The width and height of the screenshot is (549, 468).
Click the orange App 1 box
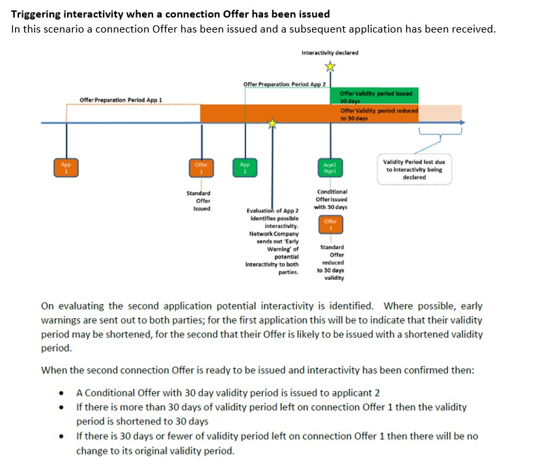click(x=66, y=167)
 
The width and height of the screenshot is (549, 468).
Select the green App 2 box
click(x=245, y=167)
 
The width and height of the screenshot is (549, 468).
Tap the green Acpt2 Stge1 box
click(x=330, y=167)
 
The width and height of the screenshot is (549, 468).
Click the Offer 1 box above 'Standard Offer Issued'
click(x=201, y=167)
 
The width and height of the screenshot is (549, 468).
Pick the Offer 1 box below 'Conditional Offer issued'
click(x=330, y=225)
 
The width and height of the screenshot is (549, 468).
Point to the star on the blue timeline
click(x=273, y=123)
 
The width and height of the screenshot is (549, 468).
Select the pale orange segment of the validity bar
click(x=440, y=113)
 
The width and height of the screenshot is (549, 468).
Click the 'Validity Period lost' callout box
click(x=414, y=169)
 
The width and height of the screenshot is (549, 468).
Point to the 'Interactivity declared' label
click(x=330, y=52)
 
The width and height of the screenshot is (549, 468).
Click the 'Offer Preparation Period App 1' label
click(x=120, y=100)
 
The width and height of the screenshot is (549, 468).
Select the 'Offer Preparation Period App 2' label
click(x=285, y=85)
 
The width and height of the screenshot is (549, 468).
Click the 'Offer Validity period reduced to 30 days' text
click(x=379, y=114)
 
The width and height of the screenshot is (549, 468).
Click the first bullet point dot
click(x=61, y=393)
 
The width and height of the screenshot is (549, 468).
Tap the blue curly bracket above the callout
click(x=440, y=133)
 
